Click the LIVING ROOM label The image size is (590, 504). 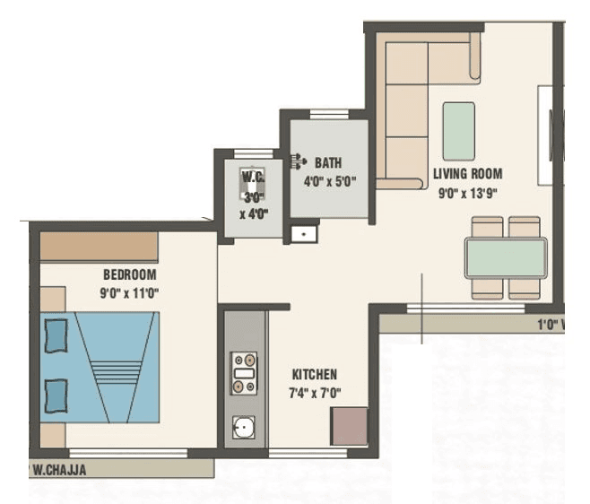click(467, 174)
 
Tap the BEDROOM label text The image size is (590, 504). click(130, 275)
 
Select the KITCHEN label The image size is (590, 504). click(314, 374)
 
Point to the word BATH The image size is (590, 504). click(328, 163)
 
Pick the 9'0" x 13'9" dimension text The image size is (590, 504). click(467, 191)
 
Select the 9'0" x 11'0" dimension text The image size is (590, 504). click(130, 292)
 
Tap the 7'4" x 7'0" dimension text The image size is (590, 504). click(314, 392)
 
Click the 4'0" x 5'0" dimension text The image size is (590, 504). click(331, 180)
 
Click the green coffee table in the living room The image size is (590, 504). click(459, 131)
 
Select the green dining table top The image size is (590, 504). click(506, 258)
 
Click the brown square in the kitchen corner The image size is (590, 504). click(349, 426)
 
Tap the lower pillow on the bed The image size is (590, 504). click(56, 395)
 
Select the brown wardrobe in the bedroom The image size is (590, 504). click(99, 247)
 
